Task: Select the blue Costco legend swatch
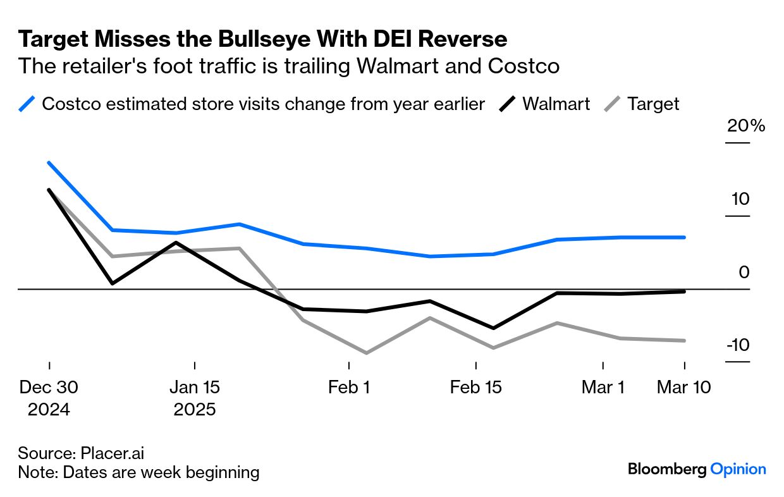coord(27,104)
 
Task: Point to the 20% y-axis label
coord(746,126)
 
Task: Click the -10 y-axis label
coord(737,345)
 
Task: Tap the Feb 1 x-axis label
coord(349,387)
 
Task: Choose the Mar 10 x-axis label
coord(683,387)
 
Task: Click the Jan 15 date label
coord(195,387)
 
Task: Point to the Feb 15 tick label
coord(475,387)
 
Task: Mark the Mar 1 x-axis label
coord(603,387)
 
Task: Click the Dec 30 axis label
coord(49,387)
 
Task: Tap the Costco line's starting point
coord(49,163)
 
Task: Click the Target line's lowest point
coord(366,353)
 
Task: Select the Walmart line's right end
coord(685,291)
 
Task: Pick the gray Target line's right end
coord(685,340)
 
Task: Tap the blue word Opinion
coord(738,469)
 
